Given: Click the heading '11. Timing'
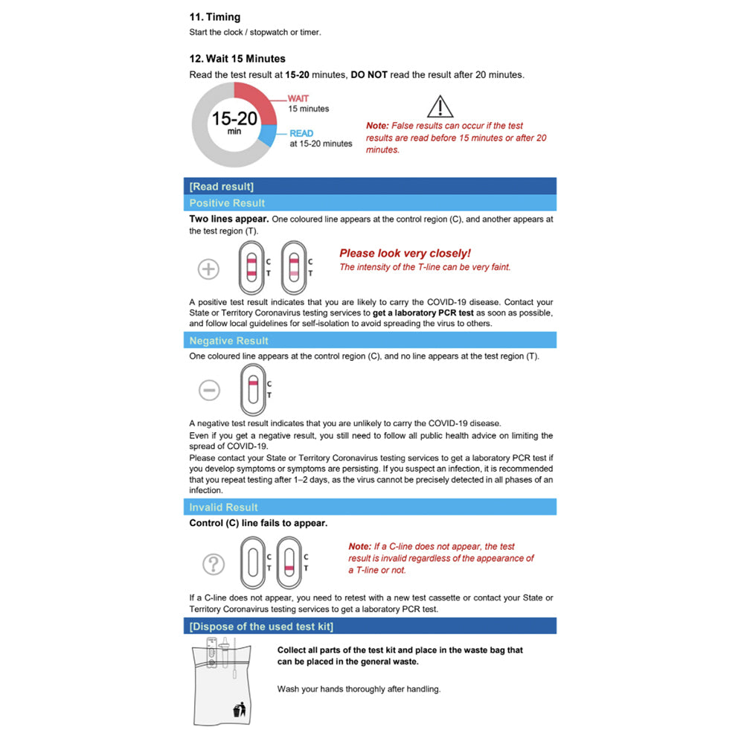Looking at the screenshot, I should point(215,17).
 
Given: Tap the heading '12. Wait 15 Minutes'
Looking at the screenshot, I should point(237,59).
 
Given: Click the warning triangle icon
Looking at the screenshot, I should point(440,106).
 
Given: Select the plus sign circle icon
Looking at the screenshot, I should point(208,269).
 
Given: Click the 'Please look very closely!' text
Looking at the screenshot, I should point(405,254).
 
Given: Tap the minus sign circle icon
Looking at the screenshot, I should point(209,389).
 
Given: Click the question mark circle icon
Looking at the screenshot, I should point(214,564).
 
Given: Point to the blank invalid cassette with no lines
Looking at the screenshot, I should point(253,563).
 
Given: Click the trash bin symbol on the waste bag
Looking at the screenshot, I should point(240,711).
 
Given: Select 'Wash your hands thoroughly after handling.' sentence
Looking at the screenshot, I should point(359,689).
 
